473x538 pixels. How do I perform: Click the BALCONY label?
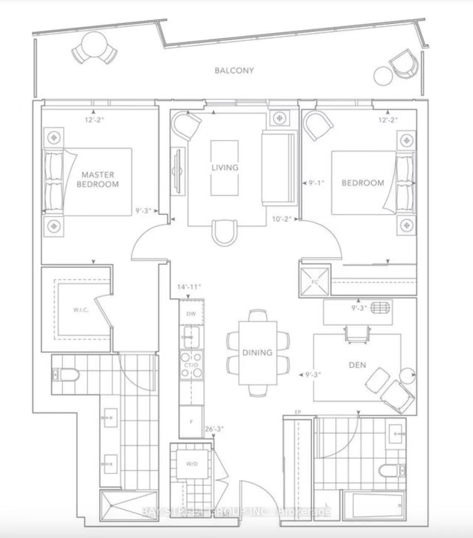click(x=234, y=70)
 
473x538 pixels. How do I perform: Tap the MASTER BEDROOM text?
click(x=98, y=179)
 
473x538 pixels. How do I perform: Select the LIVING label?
click(x=225, y=167)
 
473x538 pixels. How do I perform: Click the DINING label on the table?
click(x=257, y=352)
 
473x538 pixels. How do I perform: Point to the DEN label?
click(x=357, y=365)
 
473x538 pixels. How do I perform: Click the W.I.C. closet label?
click(x=79, y=309)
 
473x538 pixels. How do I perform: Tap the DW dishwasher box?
click(x=191, y=313)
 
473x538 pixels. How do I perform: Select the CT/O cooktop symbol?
click(x=191, y=365)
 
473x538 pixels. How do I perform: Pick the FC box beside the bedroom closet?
click(x=315, y=282)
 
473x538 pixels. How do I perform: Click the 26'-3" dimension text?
click(x=215, y=429)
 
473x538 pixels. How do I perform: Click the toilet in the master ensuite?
click(x=66, y=375)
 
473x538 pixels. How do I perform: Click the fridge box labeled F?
click(x=191, y=422)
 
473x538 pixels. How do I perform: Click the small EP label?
click(x=297, y=412)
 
